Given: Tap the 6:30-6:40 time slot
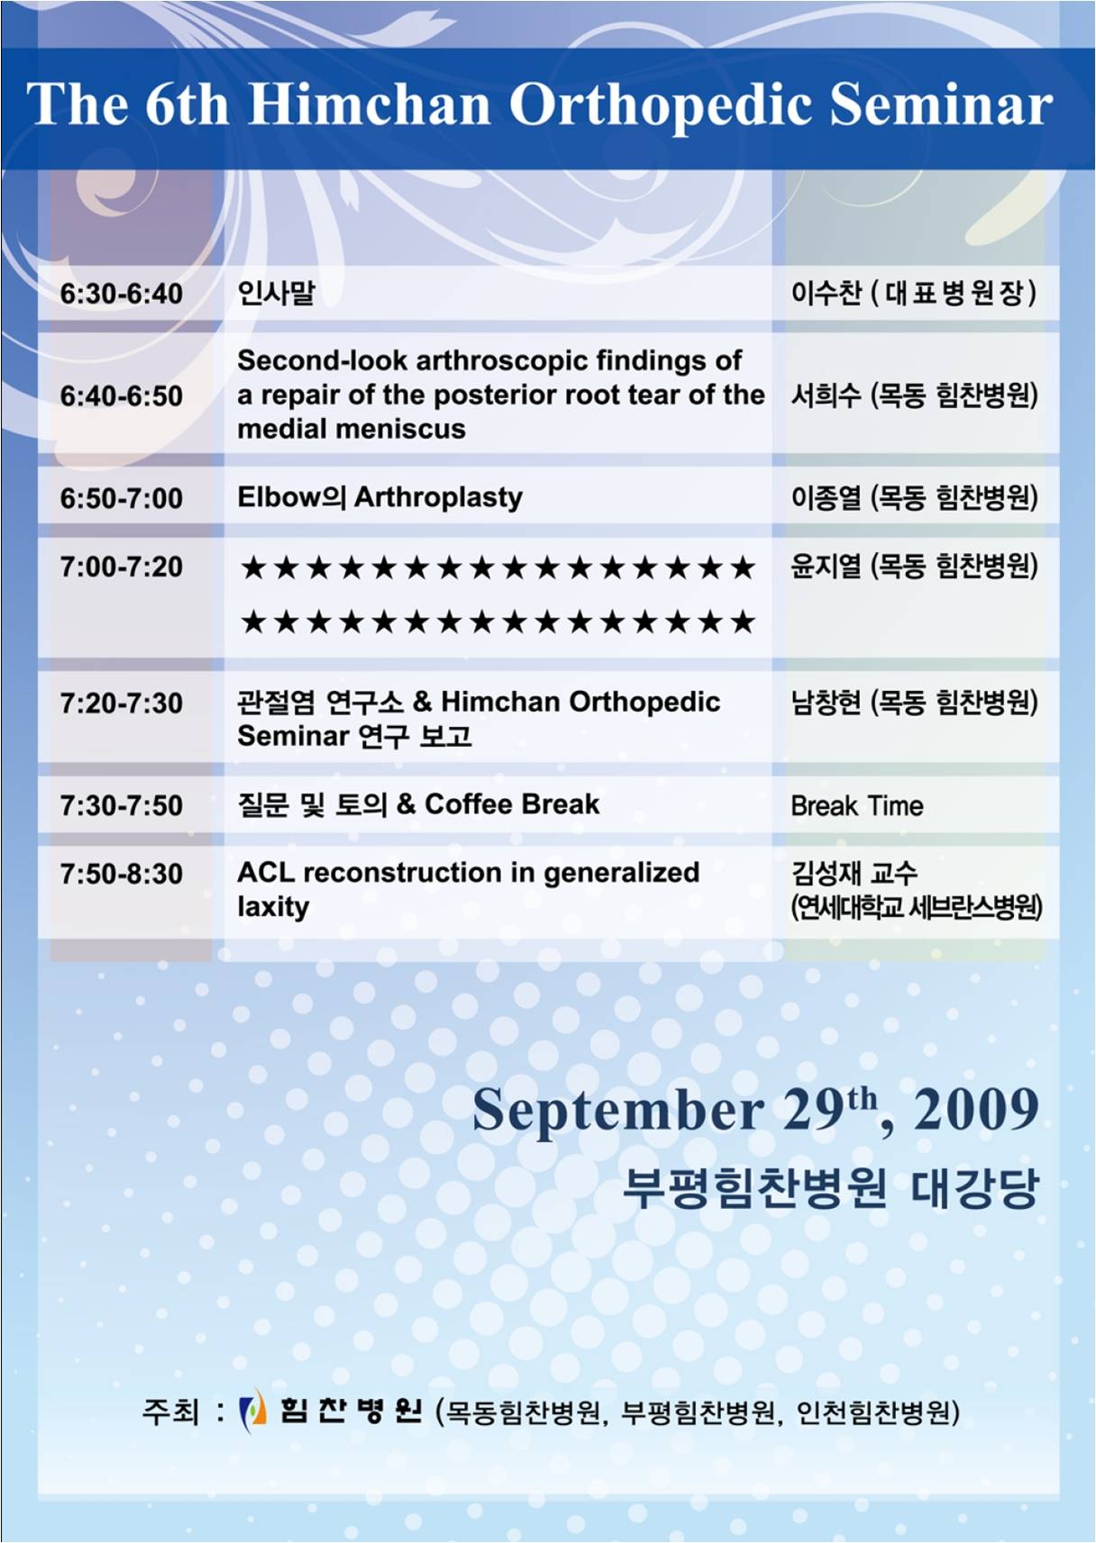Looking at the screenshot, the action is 122,295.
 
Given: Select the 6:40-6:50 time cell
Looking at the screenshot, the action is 122,396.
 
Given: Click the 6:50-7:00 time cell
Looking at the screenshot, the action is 122,499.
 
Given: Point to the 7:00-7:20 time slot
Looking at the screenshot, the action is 122,567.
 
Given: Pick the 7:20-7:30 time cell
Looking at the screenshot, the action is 122,703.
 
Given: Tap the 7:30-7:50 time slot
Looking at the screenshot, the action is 122,806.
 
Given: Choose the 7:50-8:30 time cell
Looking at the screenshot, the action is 122,874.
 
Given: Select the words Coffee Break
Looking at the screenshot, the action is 512,803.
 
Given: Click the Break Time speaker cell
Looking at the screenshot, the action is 857,805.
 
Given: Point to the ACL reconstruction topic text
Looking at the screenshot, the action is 468,889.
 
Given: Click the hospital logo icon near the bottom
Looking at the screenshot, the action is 252,1411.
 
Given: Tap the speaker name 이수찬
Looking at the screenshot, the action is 826,294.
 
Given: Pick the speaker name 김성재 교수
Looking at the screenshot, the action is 854,874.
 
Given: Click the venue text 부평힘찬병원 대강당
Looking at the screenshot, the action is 831,1190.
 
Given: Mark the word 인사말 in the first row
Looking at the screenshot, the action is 276,294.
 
